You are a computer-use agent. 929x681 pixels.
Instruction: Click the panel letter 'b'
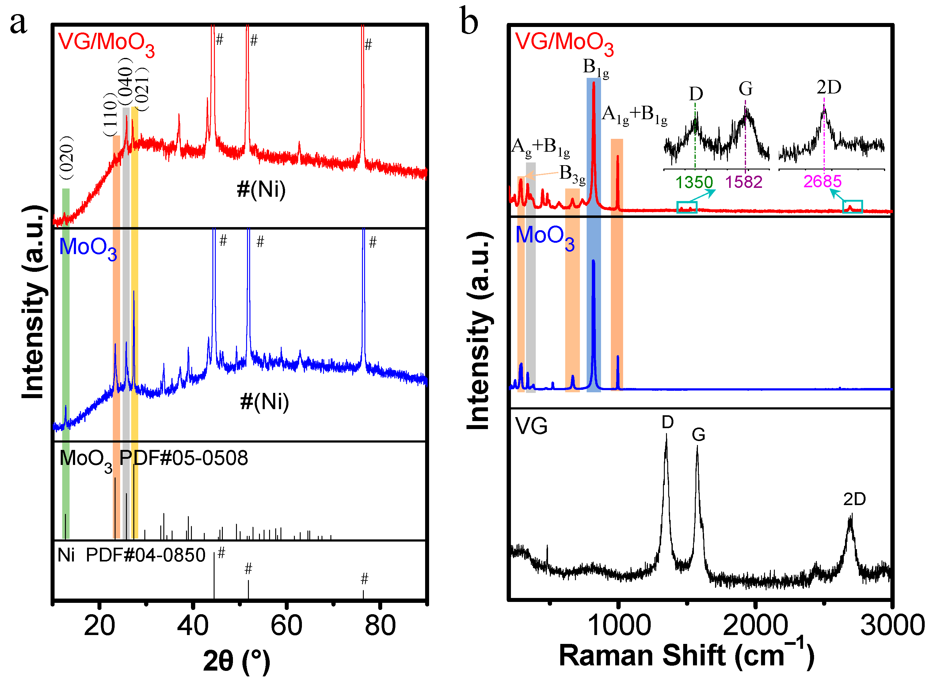469,21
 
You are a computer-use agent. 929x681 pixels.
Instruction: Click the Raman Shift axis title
686,656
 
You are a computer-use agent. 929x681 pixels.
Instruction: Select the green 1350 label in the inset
694,182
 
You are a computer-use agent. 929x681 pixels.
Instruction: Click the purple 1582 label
744,182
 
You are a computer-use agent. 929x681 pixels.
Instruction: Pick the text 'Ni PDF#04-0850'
131,555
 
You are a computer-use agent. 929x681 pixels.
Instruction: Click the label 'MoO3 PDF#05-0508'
153,459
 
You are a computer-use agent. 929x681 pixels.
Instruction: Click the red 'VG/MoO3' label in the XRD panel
106,43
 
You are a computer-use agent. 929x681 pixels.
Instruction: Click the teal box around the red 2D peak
852,207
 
